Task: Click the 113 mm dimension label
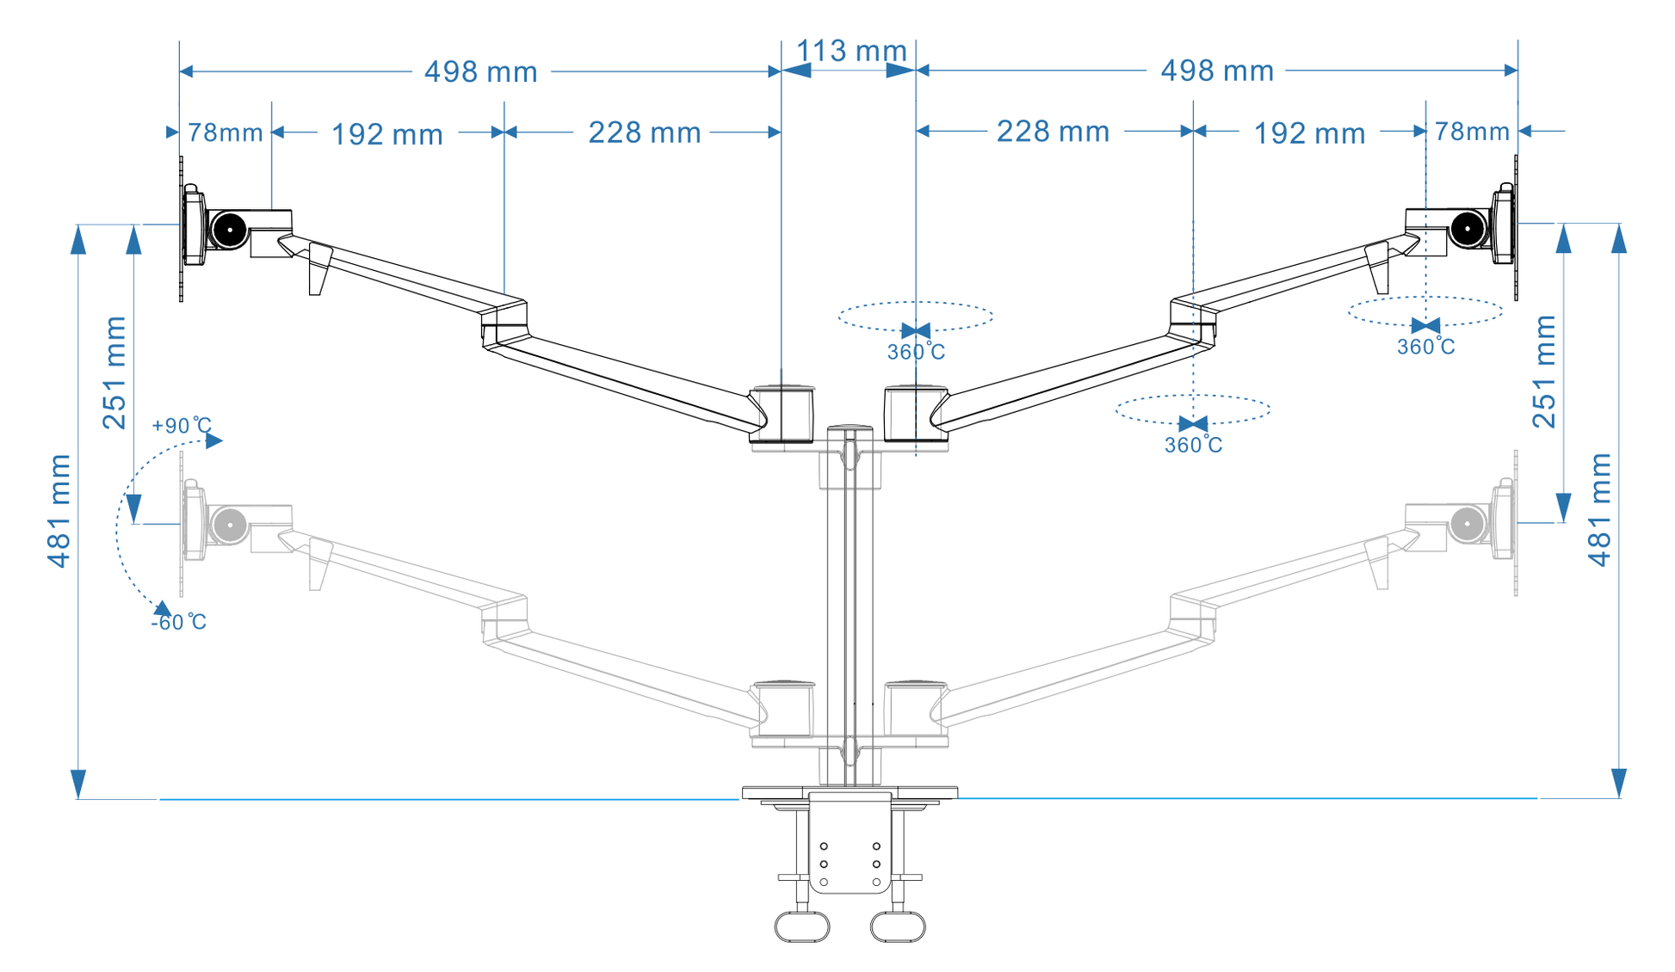coord(850,51)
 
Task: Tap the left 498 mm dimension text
coord(480,71)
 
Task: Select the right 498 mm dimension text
coord(1217,71)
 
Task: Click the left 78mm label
coord(226,132)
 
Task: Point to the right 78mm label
coord(1472,132)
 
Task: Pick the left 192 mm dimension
coord(387,134)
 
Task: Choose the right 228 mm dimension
coord(1053,132)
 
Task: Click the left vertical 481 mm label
coord(59,511)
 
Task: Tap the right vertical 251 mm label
coord(1544,372)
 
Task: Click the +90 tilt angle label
coord(181,426)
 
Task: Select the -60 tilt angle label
coord(179,622)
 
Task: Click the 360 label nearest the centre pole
coord(916,352)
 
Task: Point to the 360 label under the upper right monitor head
coord(1425,347)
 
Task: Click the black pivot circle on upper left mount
coord(230,230)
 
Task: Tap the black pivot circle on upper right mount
coord(1468,229)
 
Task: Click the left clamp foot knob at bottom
coord(801,926)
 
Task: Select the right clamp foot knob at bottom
coord(898,926)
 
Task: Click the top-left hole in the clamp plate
coord(824,846)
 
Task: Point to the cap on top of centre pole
coord(850,428)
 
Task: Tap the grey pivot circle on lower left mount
coord(230,525)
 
